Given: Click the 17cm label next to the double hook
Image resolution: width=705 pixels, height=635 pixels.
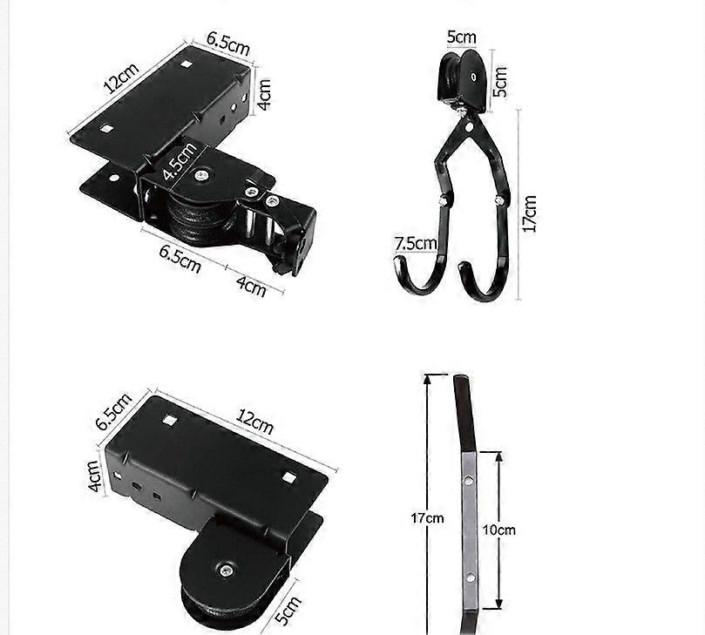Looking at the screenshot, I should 529,213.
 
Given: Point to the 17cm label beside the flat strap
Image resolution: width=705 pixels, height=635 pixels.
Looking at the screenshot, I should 427,517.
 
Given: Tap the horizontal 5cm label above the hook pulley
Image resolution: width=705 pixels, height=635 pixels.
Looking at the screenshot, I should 462,37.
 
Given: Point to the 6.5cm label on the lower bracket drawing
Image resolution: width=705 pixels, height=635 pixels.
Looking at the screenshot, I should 114,410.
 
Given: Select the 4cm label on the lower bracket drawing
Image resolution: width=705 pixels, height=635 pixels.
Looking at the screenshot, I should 97,477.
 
